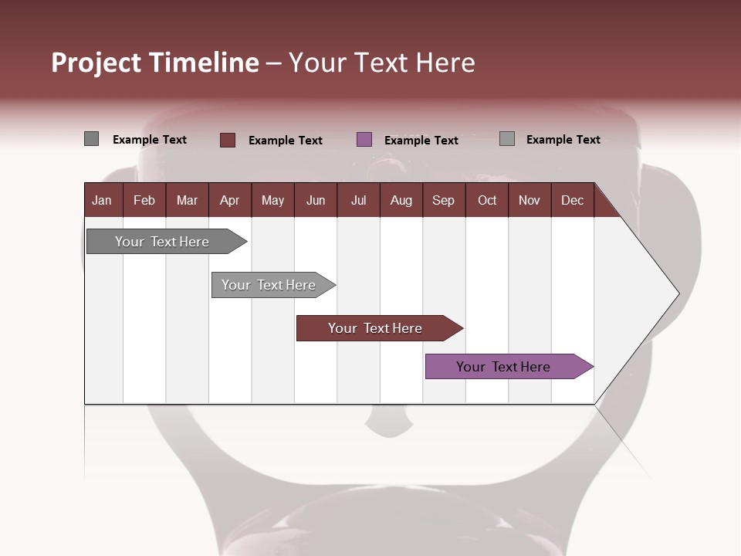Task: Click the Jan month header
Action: tap(102, 200)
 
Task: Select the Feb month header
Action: tap(144, 200)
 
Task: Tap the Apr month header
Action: tap(229, 200)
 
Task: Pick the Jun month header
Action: tap(315, 200)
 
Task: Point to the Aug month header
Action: tap(401, 200)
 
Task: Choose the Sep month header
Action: tap(443, 200)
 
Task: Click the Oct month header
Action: tap(486, 200)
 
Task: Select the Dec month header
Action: tap(572, 200)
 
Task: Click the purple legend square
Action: tap(364, 140)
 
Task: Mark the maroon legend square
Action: tap(228, 140)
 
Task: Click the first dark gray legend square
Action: tap(91, 139)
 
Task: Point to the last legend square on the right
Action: tap(506, 139)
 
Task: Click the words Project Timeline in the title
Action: tap(154, 63)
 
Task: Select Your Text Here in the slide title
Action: tap(381, 63)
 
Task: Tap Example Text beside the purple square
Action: tap(421, 141)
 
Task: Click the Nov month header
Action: tap(530, 200)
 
